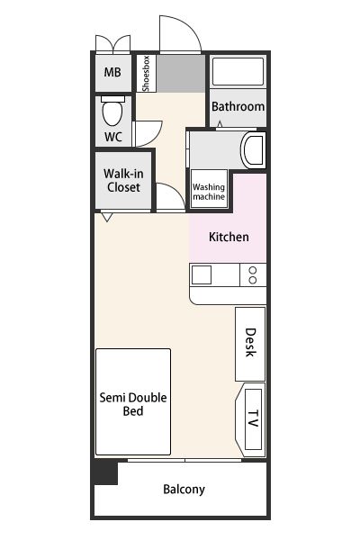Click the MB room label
point(112,72)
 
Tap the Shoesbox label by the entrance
point(146,74)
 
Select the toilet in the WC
point(112,111)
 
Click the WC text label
point(113,137)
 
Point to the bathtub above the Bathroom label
point(238,71)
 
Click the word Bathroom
point(238,106)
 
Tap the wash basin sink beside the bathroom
point(253,149)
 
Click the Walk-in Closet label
point(123,181)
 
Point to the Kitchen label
point(229,237)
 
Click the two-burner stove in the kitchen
point(253,274)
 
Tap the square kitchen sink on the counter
point(202,274)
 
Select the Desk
point(250,344)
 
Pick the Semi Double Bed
point(133,401)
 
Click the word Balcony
point(184,490)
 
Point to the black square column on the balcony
point(106,473)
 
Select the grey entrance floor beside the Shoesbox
point(181,74)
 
